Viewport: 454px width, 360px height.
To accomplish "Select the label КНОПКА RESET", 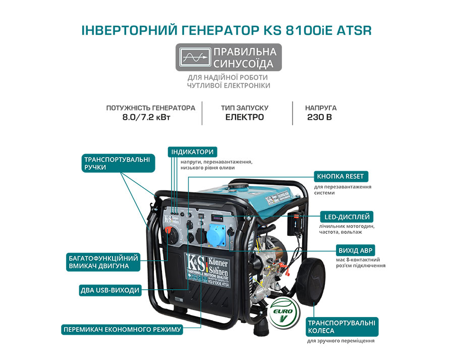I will pyautogui.click(x=340, y=176).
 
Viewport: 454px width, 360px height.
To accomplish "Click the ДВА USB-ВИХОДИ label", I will pyautogui.click(x=109, y=290).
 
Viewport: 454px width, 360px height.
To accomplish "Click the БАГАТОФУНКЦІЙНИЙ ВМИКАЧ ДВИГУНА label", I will pyautogui.click(x=98, y=261).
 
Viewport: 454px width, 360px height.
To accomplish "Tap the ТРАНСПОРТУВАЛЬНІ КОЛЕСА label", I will pyautogui.click(x=342, y=327).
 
